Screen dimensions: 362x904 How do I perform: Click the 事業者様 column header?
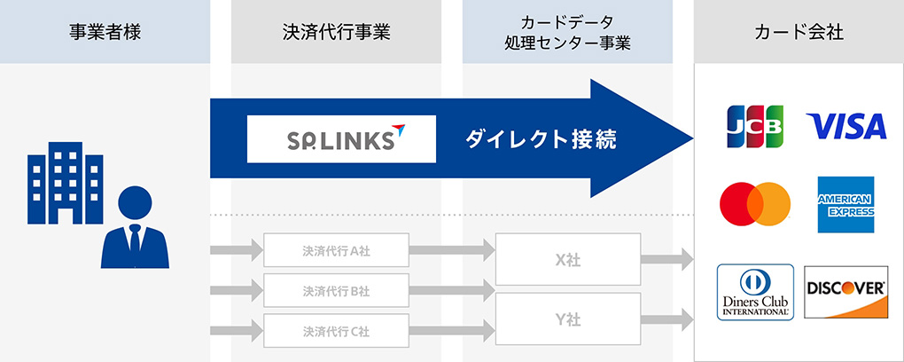(105, 34)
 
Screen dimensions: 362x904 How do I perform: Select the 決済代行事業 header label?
(335, 34)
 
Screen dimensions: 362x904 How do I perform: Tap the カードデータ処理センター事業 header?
(567, 33)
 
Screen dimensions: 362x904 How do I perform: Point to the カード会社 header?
(799, 34)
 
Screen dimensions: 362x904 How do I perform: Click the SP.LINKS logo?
(341, 138)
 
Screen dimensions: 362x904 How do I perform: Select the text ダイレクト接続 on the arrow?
(539, 139)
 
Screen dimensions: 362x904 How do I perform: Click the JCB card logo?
(755, 127)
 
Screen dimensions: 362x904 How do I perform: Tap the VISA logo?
(846, 127)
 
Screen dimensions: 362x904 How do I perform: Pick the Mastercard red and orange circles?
(754, 204)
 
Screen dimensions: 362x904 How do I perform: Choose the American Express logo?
(846, 204)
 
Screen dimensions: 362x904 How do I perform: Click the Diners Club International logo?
(755, 292)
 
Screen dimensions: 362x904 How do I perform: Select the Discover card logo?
(846, 292)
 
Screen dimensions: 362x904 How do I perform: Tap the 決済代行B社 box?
(336, 291)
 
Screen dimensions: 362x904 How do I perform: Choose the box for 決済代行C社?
(336, 331)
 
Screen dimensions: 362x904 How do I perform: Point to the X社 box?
(567, 260)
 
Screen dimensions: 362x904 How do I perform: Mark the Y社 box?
(567, 318)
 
